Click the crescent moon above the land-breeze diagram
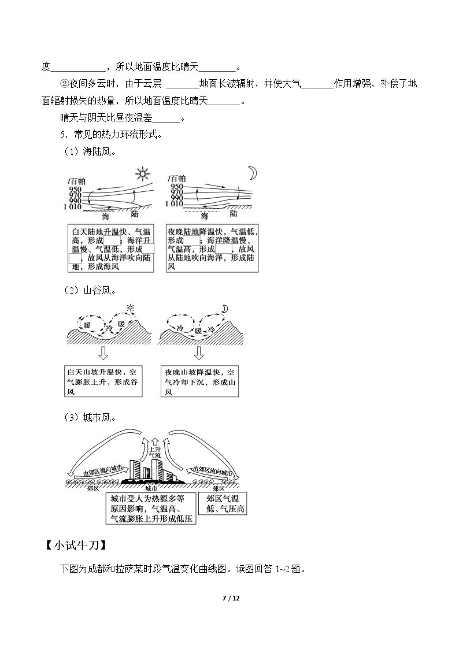pos(252,173)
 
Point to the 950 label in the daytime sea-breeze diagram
pos(75,190)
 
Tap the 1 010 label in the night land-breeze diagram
pos(174,204)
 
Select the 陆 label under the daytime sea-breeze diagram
pos(134,214)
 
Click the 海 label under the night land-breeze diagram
pos(205,216)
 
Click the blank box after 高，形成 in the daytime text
pos(112,240)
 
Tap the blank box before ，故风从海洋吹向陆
pos(75,258)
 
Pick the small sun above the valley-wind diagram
pos(130,307)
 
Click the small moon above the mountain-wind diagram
pos(224,309)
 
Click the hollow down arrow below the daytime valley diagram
pos(103,353)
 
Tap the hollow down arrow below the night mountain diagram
pos(199,353)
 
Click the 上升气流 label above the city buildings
pos(154,452)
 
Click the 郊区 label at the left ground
pos(92,488)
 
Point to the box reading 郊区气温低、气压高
pos(223,503)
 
